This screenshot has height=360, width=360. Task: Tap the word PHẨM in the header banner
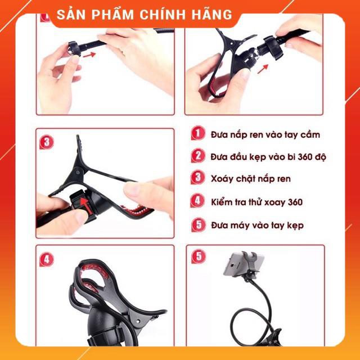point(112,15)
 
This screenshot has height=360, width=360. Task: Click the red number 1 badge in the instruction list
point(197,133)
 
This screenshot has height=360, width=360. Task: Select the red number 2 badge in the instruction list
point(197,155)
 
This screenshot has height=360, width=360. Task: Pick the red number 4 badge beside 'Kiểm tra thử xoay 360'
point(197,201)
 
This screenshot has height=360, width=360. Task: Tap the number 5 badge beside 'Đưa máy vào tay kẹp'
point(198,224)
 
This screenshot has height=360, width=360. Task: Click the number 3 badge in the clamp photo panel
point(46,142)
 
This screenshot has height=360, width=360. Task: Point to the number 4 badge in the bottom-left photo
point(46,259)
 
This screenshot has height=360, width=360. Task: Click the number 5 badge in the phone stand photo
point(199,256)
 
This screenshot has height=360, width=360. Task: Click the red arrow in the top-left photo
point(89,55)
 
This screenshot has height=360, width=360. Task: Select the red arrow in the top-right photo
point(263,69)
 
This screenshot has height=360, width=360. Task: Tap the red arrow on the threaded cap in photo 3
point(84,205)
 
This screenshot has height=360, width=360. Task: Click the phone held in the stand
point(243,264)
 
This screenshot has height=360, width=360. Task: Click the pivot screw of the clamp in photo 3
point(79,171)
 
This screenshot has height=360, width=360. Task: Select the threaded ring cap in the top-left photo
point(74,49)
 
